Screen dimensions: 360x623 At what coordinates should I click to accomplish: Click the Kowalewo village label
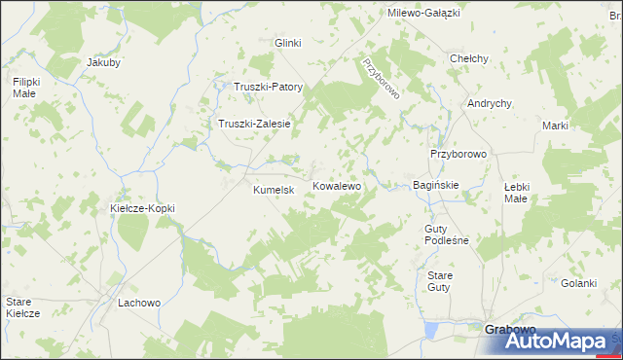point(337,185)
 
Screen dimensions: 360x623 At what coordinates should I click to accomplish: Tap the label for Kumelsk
point(274,190)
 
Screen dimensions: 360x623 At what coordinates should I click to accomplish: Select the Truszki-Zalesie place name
point(255,124)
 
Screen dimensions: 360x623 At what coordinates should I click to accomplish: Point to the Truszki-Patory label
point(269,87)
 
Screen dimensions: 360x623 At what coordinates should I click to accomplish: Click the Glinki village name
point(288,43)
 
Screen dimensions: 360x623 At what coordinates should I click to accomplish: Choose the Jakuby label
point(103,62)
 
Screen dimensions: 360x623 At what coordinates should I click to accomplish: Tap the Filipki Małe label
point(25,88)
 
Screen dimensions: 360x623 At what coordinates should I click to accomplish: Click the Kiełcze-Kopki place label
point(142,208)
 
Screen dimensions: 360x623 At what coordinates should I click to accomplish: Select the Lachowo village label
point(138,303)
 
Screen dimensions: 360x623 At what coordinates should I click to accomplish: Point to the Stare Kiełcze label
point(22,307)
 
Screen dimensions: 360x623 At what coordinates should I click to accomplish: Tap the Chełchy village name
point(468,58)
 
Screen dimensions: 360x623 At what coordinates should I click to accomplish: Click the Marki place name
point(555,126)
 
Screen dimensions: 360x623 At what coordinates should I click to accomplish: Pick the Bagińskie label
point(436,184)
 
